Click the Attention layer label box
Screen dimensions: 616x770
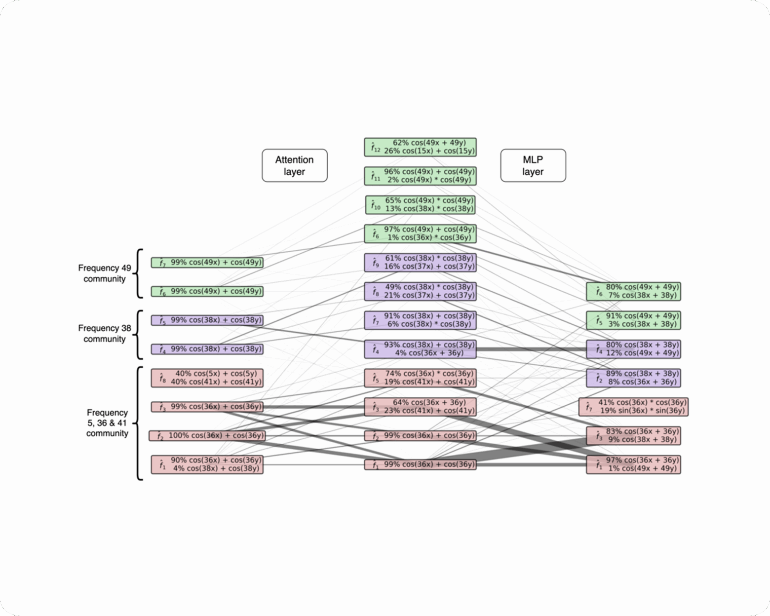[x=295, y=165]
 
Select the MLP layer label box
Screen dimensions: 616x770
[x=533, y=165]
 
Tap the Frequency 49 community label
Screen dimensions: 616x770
[x=105, y=273]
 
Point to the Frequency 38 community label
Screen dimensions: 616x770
[x=105, y=334]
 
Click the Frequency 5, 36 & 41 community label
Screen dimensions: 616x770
[x=107, y=423]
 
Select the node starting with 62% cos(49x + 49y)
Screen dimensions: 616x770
[x=421, y=147]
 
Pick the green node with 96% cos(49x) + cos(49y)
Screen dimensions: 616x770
[x=421, y=176]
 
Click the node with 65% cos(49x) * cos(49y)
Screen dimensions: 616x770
[x=421, y=205]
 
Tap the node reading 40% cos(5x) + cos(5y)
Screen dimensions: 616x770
[x=207, y=378]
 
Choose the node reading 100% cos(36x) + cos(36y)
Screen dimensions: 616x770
[x=207, y=436]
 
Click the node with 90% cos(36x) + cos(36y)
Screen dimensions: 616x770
[x=207, y=464]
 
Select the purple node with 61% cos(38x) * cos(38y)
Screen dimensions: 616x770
[x=421, y=263]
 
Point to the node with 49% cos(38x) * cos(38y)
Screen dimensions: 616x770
[x=421, y=291]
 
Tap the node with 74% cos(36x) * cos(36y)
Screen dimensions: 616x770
[x=421, y=378]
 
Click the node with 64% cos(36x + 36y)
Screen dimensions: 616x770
[x=421, y=407]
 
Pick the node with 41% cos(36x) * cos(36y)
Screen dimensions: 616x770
[x=634, y=407]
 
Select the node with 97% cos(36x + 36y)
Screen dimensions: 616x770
[x=634, y=464]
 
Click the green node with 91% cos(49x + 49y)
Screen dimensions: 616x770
[x=634, y=320]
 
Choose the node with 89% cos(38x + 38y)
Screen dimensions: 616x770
[x=634, y=378]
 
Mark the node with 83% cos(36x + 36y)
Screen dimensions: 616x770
[x=634, y=436]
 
